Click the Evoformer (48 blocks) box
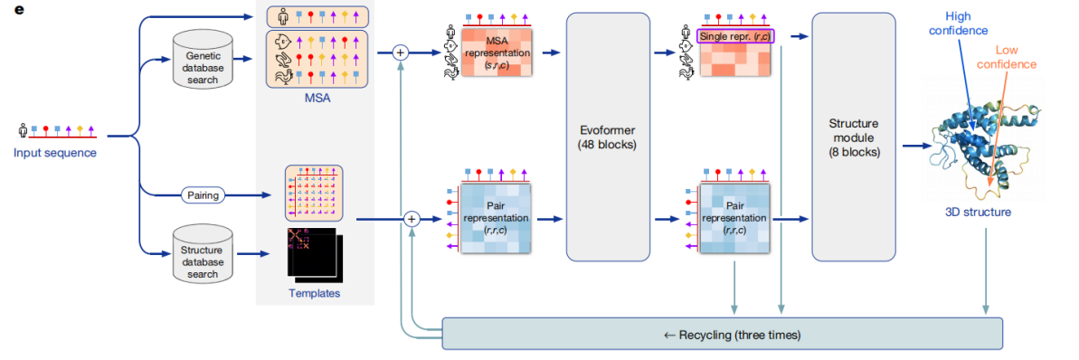pyautogui.click(x=608, y=136)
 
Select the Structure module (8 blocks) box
pyautogui.click(x=854, y=136)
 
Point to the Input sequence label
pyautogui.click(x=54, y=153)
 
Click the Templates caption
pyautogui.click(x=315, y=293)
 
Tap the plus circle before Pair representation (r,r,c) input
pyautogui.click(x=412, y=219)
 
